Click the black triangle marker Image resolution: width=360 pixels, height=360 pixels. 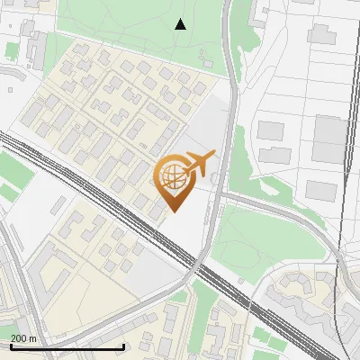point(181,24)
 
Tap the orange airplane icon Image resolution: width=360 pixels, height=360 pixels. point(197,164)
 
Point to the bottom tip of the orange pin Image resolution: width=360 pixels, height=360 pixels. point(172,211)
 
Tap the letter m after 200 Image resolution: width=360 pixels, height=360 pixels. point(33,338)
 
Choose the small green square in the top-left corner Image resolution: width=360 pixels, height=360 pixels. point(12,50)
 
